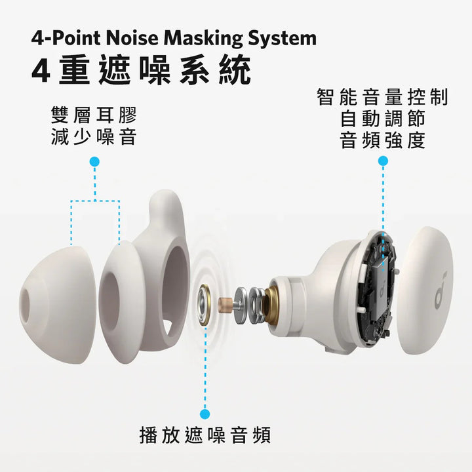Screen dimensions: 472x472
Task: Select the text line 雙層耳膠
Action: coord(94,117)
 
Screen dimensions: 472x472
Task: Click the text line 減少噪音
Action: coord(94,138)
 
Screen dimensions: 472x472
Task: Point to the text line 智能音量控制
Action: coord(383,98)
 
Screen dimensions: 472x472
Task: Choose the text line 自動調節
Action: coord(383,119)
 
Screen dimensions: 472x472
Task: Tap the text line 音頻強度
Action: coord(383,140)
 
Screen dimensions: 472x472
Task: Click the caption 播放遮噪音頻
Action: coord(205,435)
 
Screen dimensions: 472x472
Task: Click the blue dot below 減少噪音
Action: coord(94,161)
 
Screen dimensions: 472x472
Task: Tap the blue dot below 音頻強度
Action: coord(383,161)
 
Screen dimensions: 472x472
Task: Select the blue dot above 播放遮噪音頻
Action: coord(205,414)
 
